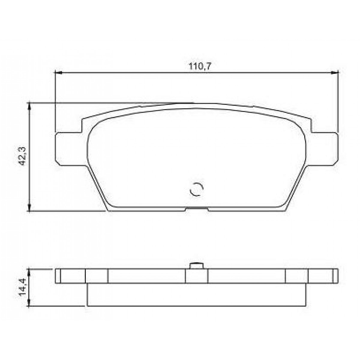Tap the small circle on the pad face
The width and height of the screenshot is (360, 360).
coord(197,190)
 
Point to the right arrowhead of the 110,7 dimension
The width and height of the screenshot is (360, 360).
coord(335,72)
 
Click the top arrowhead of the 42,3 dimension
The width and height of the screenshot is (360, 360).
coord(29,105)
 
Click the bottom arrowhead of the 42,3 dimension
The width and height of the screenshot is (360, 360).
coord(29,208)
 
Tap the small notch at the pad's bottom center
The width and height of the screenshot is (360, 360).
coord(197,209)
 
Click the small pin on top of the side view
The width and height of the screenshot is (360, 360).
coord(196,265)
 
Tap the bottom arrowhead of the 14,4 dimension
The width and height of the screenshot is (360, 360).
coord(29,304)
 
